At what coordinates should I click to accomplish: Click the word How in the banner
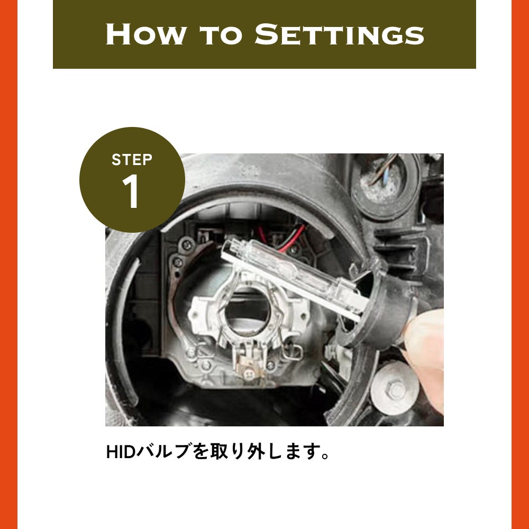146,34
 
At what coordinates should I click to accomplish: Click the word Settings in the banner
339,34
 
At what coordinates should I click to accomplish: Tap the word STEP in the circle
132,160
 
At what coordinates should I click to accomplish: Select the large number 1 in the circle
131,191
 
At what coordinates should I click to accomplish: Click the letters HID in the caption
121,452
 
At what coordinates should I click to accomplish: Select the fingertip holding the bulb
426,338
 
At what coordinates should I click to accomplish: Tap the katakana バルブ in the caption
164,452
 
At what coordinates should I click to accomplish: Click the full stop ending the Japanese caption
325,456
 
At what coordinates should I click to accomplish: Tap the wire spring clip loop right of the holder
292,352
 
